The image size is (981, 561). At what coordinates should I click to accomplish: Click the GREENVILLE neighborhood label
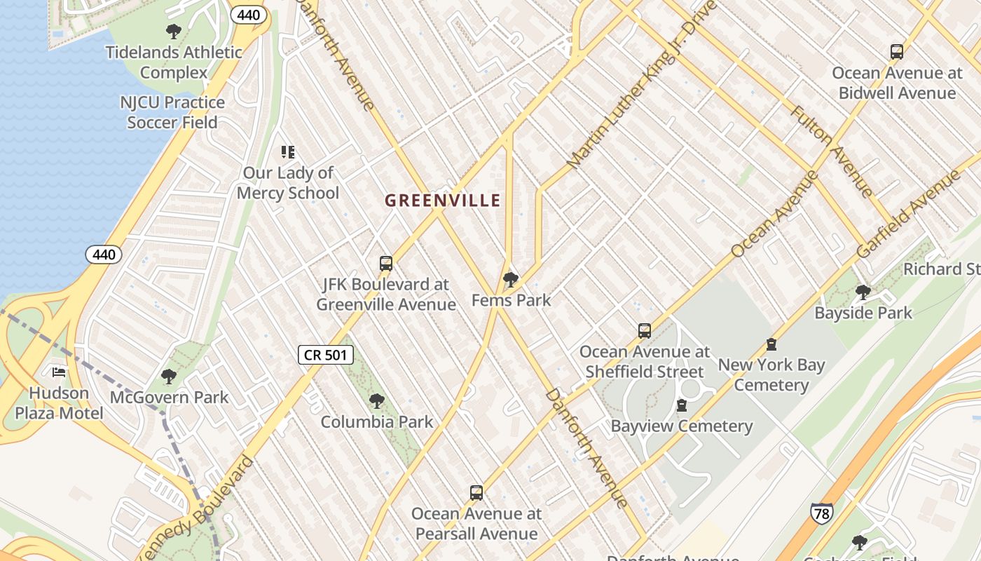tap(443, 201)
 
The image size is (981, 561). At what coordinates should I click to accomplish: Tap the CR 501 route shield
tap(326, 355)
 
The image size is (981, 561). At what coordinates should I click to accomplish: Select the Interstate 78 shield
tap(821, 513)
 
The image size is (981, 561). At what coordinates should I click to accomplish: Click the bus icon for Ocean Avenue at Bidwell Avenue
tap(896, 51)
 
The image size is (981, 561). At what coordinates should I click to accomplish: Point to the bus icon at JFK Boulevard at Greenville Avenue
tap(385, 264)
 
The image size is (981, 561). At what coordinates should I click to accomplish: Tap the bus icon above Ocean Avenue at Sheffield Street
tap(644, 331)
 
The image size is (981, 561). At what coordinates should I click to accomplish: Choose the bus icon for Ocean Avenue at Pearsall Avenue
tap(476, 493)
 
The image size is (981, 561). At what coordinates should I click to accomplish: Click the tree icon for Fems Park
tap(511, 280)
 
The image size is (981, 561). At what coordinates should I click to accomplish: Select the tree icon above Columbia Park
tap(377, 401)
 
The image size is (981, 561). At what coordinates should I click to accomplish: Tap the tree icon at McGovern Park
tap(169, 377)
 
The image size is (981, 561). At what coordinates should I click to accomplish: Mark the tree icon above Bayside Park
tap(863, 292)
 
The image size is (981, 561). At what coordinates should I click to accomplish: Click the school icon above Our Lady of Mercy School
tap(287, 151)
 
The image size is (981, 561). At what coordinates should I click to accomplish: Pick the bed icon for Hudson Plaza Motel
tap(60, 372)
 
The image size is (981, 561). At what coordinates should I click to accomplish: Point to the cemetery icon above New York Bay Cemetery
tap(771, 344)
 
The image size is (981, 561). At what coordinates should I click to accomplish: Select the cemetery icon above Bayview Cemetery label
tap(681, 405)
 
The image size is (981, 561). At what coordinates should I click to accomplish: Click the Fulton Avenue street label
tap(832, 151)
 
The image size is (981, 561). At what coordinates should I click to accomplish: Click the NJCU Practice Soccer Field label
tap(172, 112)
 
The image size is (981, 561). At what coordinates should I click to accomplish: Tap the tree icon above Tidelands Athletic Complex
tap(173, 32)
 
